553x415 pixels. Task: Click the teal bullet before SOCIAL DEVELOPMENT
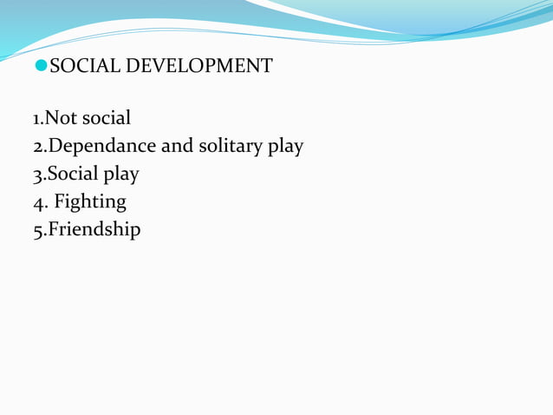click(x=42, y=66)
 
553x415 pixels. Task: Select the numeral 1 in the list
click(x=36, y=117)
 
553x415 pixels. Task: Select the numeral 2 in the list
click(x=37, y=146)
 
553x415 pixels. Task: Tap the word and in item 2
click(x=178, y=146)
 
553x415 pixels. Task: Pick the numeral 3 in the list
click(x=37, y=175)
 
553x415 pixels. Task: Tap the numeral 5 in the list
click(x=37, y=231)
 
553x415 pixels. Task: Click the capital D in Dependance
click(x=53, y=145)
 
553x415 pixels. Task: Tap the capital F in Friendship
click(x=51, y=230)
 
